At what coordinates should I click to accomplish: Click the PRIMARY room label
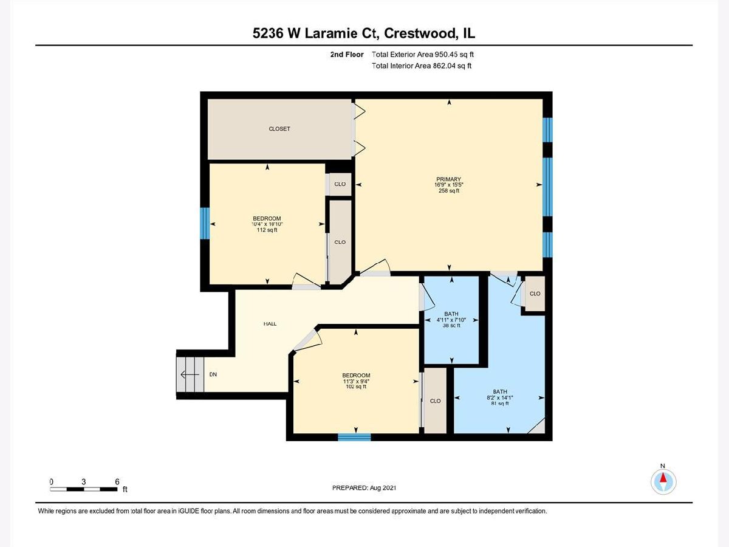tap(449, 179)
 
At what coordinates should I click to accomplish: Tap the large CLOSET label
tap(279, 129)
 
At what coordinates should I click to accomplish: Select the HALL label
tap(270, 324)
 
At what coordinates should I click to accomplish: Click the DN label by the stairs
tap(213, 374)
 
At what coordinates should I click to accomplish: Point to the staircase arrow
tap(190, 374)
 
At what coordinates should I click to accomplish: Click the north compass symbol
tap(663, 481)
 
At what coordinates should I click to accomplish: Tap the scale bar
tap(84, 489)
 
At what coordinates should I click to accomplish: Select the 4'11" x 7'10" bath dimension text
tap(451, 320)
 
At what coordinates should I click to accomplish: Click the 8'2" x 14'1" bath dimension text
tap(500, 397)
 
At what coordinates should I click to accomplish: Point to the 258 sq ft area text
tap(449, 191)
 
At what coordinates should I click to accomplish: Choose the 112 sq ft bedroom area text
tap(267, 230)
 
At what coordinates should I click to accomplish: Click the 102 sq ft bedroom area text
tap(356, 387)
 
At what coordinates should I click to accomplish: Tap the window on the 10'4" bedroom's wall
tap(205, 223)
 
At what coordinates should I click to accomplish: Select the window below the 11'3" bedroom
tap(354, 437)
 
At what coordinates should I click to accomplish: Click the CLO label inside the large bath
tap(535, 294)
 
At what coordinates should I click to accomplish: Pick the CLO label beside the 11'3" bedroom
tap(435, 401)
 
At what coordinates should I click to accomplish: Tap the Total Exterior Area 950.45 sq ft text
tap(422, 55)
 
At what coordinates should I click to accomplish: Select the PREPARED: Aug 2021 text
tap(364, 488)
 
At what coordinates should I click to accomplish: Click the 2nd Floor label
tap(347, 55)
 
